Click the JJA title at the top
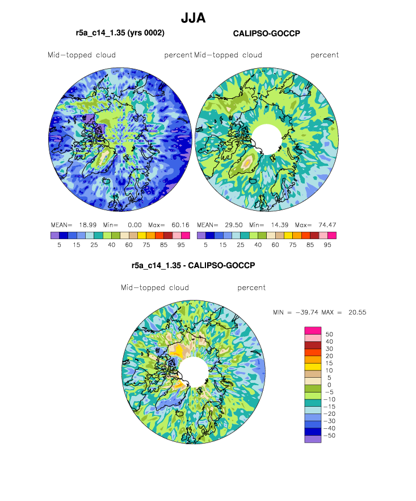click(193, 18)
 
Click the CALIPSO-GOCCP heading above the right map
click(267, 34)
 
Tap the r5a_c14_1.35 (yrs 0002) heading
click(120, 33)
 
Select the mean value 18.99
click(88, 225)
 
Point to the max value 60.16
click(180, 225)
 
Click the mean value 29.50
click(234, 225)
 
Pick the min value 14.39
click(280, 225)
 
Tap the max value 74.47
click(327, 225)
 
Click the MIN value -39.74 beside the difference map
click(307, 312)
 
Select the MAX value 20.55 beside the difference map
click(357, 312)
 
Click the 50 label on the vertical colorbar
click(329, 334)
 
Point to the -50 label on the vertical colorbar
click(330, 436)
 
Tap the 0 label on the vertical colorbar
click(329, 385)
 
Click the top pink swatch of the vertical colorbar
click(313, 331)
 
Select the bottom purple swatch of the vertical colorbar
click(313, 439)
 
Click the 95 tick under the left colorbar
click(181, 245)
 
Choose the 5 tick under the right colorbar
click(205, 245)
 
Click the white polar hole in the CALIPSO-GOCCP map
click(267, 139)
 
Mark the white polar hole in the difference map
click(194, 372)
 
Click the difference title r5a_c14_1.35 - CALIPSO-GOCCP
click(193, 265)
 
